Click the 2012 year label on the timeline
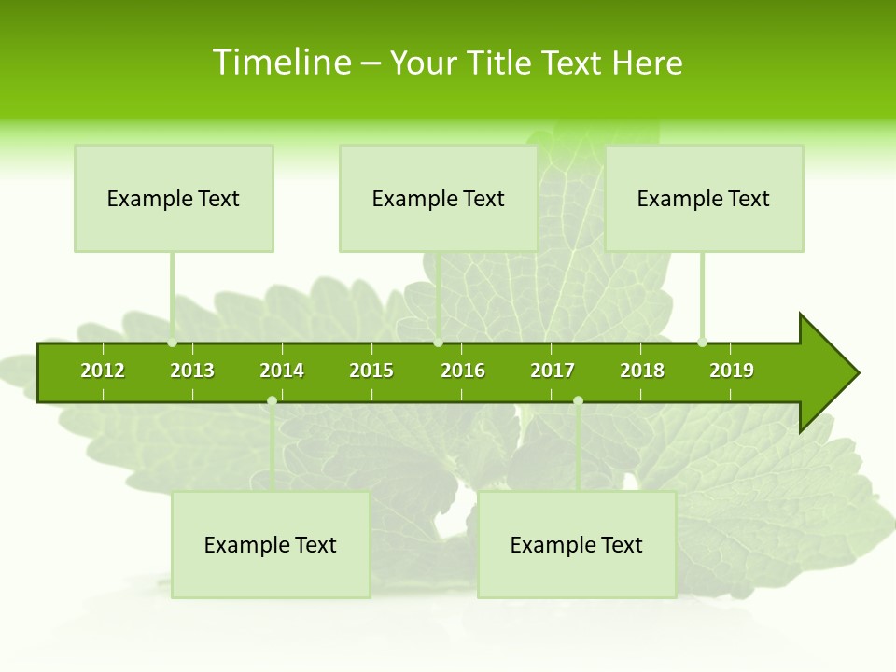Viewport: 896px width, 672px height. (103, 371)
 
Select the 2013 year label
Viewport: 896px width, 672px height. (192, 371)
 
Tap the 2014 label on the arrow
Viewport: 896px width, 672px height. (282, 371)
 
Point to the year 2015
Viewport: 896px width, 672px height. (371, 371)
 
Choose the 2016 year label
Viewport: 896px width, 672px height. (463, 371)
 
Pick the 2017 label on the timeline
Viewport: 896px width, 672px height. (553, 371)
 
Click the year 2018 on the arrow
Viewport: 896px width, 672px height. (642, 371)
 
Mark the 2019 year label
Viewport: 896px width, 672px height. (732, 371)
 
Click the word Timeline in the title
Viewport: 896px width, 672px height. (281, 63)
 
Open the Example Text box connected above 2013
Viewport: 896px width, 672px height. (174, 198)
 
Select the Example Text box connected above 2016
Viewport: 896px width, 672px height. (438, 198)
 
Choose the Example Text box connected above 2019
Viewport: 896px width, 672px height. (704, 198)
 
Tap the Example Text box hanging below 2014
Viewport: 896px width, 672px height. (271, 544)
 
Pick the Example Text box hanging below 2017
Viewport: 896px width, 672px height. (577, 544)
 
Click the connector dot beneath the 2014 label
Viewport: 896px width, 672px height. (272, 401)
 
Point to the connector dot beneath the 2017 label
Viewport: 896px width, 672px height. (578, 401)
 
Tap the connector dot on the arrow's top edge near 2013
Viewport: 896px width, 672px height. (173, 343)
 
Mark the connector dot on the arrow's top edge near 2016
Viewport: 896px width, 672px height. (438, 343)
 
